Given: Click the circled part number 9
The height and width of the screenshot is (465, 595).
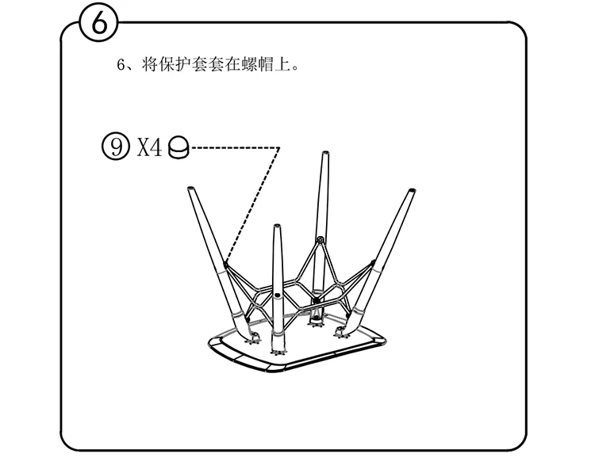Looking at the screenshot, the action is pyautogui.click(x=116, y=147).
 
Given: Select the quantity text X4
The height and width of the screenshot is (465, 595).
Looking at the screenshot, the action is pyautogui.click(x=149, y=147).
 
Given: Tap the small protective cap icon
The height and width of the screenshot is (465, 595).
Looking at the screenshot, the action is pyautogui.click(x=180, y=148).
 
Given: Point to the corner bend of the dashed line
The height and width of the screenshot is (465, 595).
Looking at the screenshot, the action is pyautogui.click(x=280, y=147).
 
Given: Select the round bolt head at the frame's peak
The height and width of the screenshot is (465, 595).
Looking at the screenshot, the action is pyautogui.click(x=320, y=239).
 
